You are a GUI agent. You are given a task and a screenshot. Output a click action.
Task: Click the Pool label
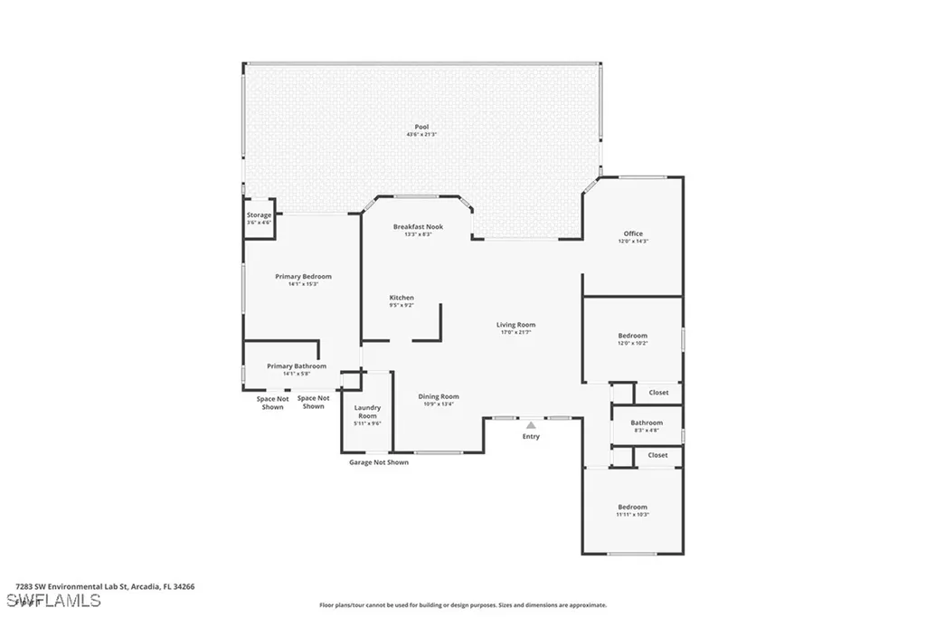421,127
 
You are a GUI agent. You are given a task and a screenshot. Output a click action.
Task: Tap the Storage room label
260,215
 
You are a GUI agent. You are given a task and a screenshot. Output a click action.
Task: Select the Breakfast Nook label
418,226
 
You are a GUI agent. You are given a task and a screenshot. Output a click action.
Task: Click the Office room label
633,233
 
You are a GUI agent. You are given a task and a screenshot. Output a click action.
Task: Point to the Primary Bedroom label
303,276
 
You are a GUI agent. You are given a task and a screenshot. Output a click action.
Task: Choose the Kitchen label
402,298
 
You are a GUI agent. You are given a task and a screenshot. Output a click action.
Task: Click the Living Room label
515,325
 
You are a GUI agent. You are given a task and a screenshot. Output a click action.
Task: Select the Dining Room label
439,396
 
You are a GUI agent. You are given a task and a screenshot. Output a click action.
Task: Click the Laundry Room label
367,412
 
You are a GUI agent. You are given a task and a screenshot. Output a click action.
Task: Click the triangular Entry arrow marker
531,423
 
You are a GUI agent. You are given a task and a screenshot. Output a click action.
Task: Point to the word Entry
531,437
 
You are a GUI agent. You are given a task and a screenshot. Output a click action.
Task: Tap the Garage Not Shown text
379,462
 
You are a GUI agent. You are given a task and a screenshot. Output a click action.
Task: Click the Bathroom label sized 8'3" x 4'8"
647,422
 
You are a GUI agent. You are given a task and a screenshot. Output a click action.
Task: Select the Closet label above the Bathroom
658,393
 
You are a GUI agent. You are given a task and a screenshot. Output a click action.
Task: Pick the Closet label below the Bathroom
657,455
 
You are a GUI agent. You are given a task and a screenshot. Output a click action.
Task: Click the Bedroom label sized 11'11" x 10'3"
632,507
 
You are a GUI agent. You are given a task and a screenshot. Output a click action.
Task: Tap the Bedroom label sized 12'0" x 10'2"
632,336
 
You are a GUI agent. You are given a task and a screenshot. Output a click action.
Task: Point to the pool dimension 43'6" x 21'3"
421,135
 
